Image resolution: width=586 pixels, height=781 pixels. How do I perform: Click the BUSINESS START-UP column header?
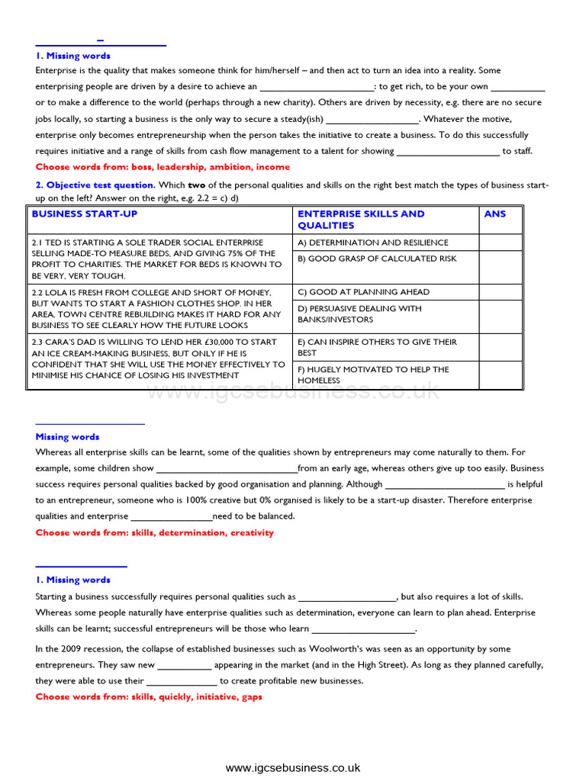click(85, 214)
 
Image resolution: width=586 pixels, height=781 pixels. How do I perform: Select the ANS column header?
click(494, 214)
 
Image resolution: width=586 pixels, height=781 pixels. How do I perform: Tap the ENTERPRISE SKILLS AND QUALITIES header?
click(361, 220)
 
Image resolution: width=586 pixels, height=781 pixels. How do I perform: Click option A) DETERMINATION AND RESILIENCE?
click(373, 243)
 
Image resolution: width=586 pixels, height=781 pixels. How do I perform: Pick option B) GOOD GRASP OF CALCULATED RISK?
click(377, 259)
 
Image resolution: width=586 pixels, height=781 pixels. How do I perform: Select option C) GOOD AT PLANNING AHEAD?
click(363, 292)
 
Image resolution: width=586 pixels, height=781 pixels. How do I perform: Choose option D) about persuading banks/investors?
click(359, 314)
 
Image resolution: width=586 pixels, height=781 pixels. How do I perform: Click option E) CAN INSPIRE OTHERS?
click(377, 348)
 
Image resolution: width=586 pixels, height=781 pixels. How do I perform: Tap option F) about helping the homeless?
click(373, 374)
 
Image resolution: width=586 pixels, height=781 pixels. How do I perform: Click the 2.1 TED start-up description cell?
click(157, 259)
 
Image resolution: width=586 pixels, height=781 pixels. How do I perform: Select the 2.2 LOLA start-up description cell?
click(157, 309)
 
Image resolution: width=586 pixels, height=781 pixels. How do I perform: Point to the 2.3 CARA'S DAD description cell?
click(157, 358)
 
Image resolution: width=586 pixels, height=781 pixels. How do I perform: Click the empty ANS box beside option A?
click(501, 243)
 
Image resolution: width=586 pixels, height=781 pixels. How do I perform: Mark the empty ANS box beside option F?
click(501, 374)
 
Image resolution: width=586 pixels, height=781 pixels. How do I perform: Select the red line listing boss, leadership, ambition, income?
click(163, 167)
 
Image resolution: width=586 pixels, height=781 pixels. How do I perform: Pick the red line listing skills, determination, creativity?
click(154, 533)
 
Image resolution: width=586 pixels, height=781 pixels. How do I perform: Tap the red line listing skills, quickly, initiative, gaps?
click(149, 697)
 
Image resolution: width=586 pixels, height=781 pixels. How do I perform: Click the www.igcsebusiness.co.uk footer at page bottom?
click(293, 768)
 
